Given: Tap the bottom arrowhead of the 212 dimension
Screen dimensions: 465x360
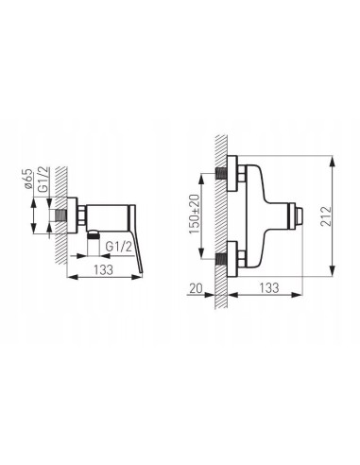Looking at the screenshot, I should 332,274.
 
